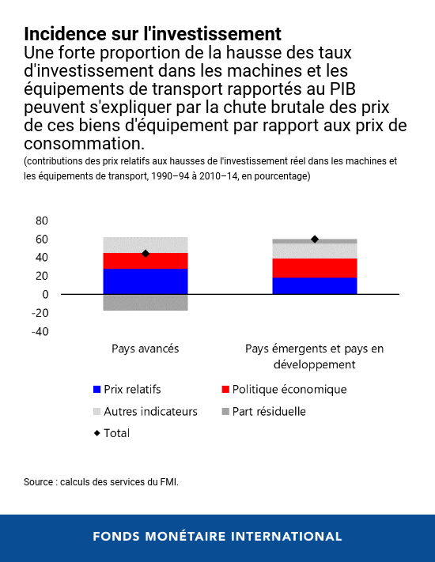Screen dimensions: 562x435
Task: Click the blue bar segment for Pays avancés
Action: point(145,281)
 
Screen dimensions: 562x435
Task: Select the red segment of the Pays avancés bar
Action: point(145,261)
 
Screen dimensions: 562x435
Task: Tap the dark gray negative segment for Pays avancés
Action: point(145,302)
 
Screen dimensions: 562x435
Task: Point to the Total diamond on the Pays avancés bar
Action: point(146,254)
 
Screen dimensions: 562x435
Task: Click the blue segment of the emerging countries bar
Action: point(314,285)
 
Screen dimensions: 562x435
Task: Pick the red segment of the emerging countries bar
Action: point(314,268)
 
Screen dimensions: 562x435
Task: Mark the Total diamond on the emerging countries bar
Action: point(315,239)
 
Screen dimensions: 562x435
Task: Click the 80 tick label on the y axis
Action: point(42,221)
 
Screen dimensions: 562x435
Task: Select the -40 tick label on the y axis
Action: point(40,331)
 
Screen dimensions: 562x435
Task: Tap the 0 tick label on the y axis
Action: point(46,294)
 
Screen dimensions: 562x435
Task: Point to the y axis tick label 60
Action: point(42,239)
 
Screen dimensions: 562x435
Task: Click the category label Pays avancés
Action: point(145,348)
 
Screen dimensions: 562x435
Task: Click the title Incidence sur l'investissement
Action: point(153,35)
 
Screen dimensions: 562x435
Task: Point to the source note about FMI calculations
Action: point(101,481)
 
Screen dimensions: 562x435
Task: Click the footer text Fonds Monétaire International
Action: point(217,537)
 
